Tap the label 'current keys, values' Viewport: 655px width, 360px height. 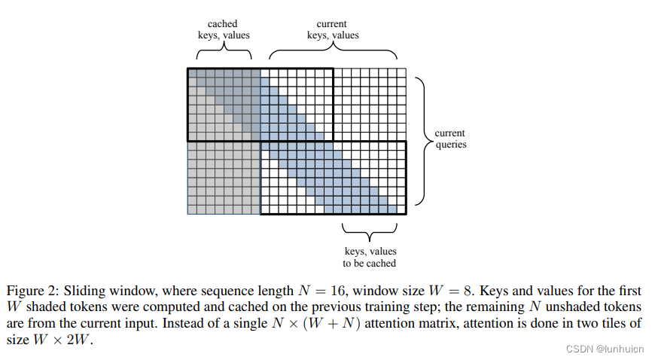333,29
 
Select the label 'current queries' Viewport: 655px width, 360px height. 450,139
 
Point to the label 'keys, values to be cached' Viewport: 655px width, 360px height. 369,257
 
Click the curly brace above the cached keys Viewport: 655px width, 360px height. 224,51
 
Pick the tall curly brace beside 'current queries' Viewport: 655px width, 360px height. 422,139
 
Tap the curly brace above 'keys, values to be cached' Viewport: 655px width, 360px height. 369,228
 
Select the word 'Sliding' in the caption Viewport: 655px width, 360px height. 83,291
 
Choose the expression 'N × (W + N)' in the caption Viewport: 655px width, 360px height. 364,323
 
